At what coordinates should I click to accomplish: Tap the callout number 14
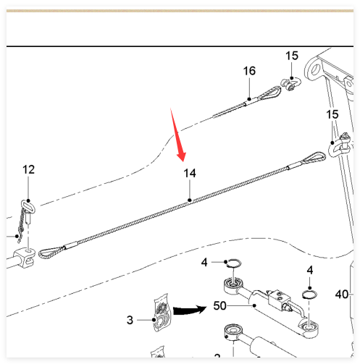coord(190,173)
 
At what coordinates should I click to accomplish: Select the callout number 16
coord(249,71)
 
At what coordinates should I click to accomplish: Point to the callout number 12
coord(28,169)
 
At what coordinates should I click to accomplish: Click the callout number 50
coord(219,305)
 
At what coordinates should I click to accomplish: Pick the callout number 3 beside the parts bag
coord(130,320)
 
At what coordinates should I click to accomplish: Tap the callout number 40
coord(342,295)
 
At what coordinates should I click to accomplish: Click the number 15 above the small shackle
coord(292,56)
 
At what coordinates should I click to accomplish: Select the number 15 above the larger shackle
coord(332,114)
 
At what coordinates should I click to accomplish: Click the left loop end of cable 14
coord(51,253)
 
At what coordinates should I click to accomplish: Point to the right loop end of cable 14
coord(314,158)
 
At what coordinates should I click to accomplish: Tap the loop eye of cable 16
coord(269,93)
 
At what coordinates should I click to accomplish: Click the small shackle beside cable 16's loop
coord(290,83)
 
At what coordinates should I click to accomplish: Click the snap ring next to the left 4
coord(233,263)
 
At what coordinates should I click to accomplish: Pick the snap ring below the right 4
coord(310,295)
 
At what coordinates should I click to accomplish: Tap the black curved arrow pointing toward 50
coord(190,310)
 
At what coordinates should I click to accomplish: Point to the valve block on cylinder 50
coord(277,298)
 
